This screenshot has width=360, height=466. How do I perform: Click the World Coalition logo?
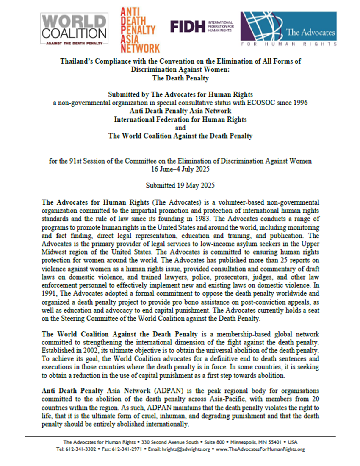pos(75,29)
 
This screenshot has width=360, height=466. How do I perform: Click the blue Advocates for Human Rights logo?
pos(289,29)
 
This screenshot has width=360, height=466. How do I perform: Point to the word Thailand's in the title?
pos(77,61)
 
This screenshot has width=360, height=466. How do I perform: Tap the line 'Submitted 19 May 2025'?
pos(180,185)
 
